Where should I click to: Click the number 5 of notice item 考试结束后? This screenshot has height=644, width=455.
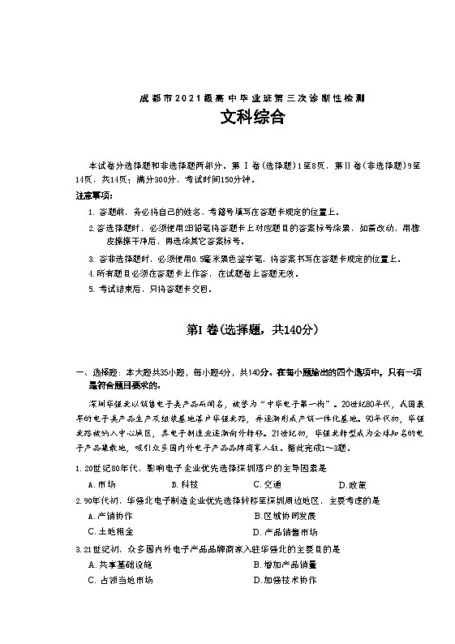coord(91,289)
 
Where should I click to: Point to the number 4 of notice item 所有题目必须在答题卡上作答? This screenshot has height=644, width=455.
coord(91,273)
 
